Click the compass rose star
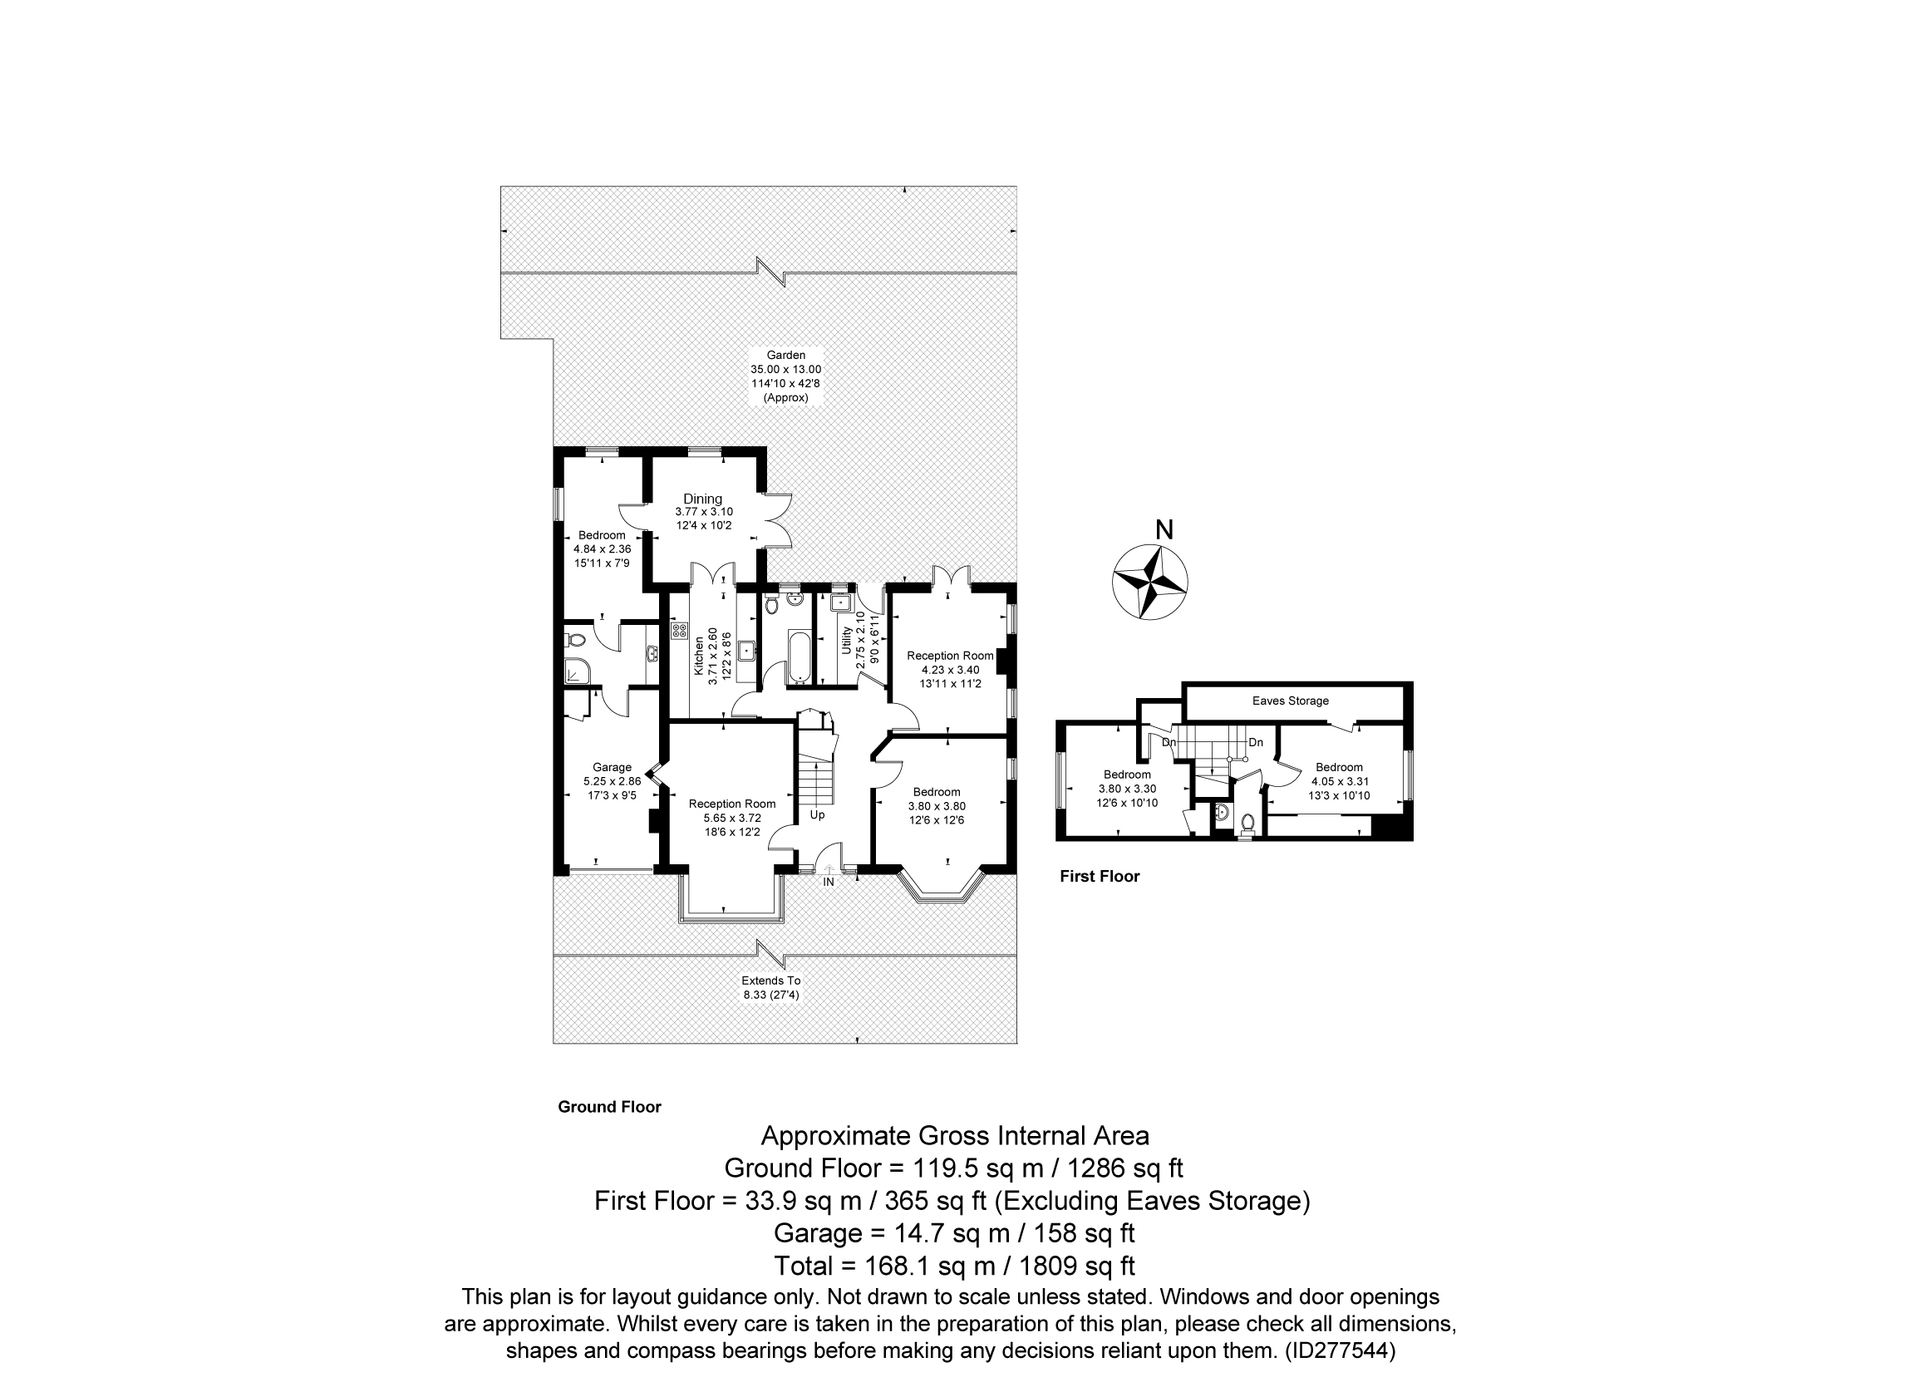tap(1150, 583)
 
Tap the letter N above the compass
tap(1164, 530)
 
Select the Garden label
tap(785, 355)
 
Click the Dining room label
tap(703, 499)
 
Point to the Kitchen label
tap(699, 656)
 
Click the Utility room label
tap(845, 641)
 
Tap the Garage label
tap(612, 767)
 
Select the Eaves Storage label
tap(1291, 701)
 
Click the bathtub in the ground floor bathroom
tap(799, 657)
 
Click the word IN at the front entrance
tap(829, 882)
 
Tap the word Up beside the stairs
tap(817, 815)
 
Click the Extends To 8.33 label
tap(770, 987)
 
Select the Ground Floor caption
tap(609, 1107)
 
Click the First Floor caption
tap(1100, 877)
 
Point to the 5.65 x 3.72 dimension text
tap(731, 818)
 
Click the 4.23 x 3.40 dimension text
tap(950, 669)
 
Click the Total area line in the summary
tap(954, 1266)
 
